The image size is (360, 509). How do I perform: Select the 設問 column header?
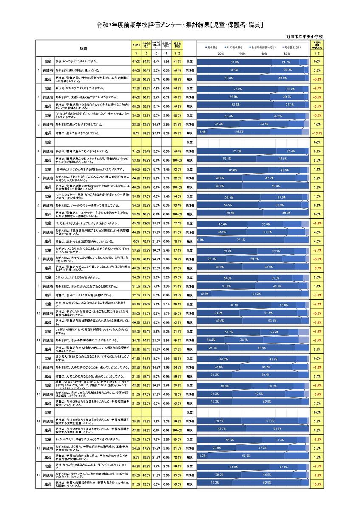[83, 48]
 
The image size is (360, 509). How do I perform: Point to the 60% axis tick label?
[264, 54]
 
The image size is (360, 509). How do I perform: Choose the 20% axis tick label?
[220, 54]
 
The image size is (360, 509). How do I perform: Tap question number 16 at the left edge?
[39, 475]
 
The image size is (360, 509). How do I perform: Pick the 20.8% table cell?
[157, 259]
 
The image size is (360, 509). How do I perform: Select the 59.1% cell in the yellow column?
[177, 340]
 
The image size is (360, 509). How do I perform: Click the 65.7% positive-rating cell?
[177, 133]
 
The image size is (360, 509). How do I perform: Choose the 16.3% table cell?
[157, 224]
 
